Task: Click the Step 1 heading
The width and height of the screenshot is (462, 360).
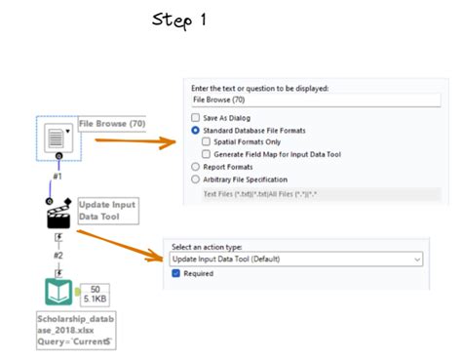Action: [187, 20]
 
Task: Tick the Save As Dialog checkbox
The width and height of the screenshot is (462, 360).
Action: [196, 117]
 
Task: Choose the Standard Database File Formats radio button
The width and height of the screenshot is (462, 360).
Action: [196, 130]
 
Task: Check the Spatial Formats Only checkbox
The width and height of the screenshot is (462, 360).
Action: [206, 141]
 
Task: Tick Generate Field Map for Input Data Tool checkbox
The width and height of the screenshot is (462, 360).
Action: [206, 154]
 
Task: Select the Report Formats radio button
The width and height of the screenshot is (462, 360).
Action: [196, 167]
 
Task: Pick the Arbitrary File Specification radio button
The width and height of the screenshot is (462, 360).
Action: [196, 180]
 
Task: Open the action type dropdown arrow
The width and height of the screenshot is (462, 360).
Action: [416, 260]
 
